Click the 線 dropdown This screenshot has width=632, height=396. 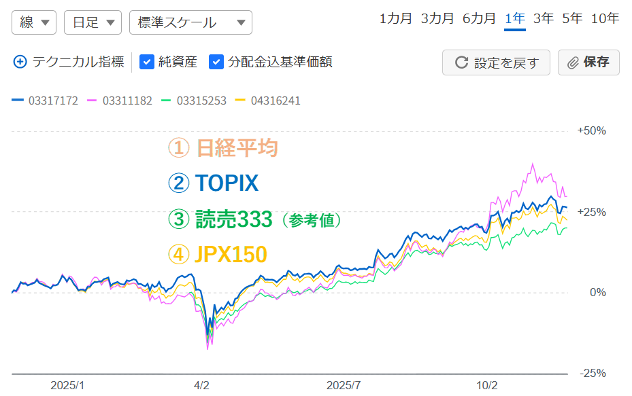coord(34,22)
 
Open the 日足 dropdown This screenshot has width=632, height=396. coord(93,22)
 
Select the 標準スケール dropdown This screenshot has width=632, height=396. coord(190,22)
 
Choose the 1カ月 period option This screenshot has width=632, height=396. coord(396,19)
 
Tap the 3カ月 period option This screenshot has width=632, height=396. coord(437,19)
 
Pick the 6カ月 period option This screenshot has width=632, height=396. coord(479,19)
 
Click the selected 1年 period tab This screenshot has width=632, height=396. coord(515,19)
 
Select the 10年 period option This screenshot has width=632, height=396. coord(605,19)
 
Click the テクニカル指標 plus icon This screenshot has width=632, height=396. coord(20,62)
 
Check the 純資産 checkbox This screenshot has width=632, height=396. coord(146,62)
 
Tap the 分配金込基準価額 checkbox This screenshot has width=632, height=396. coord(216,62)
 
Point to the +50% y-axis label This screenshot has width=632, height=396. coord(591,131)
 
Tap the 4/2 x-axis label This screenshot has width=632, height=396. coord(201,385)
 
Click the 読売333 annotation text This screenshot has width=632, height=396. coord(234,219)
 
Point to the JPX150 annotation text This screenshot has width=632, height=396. coord(230,254)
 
